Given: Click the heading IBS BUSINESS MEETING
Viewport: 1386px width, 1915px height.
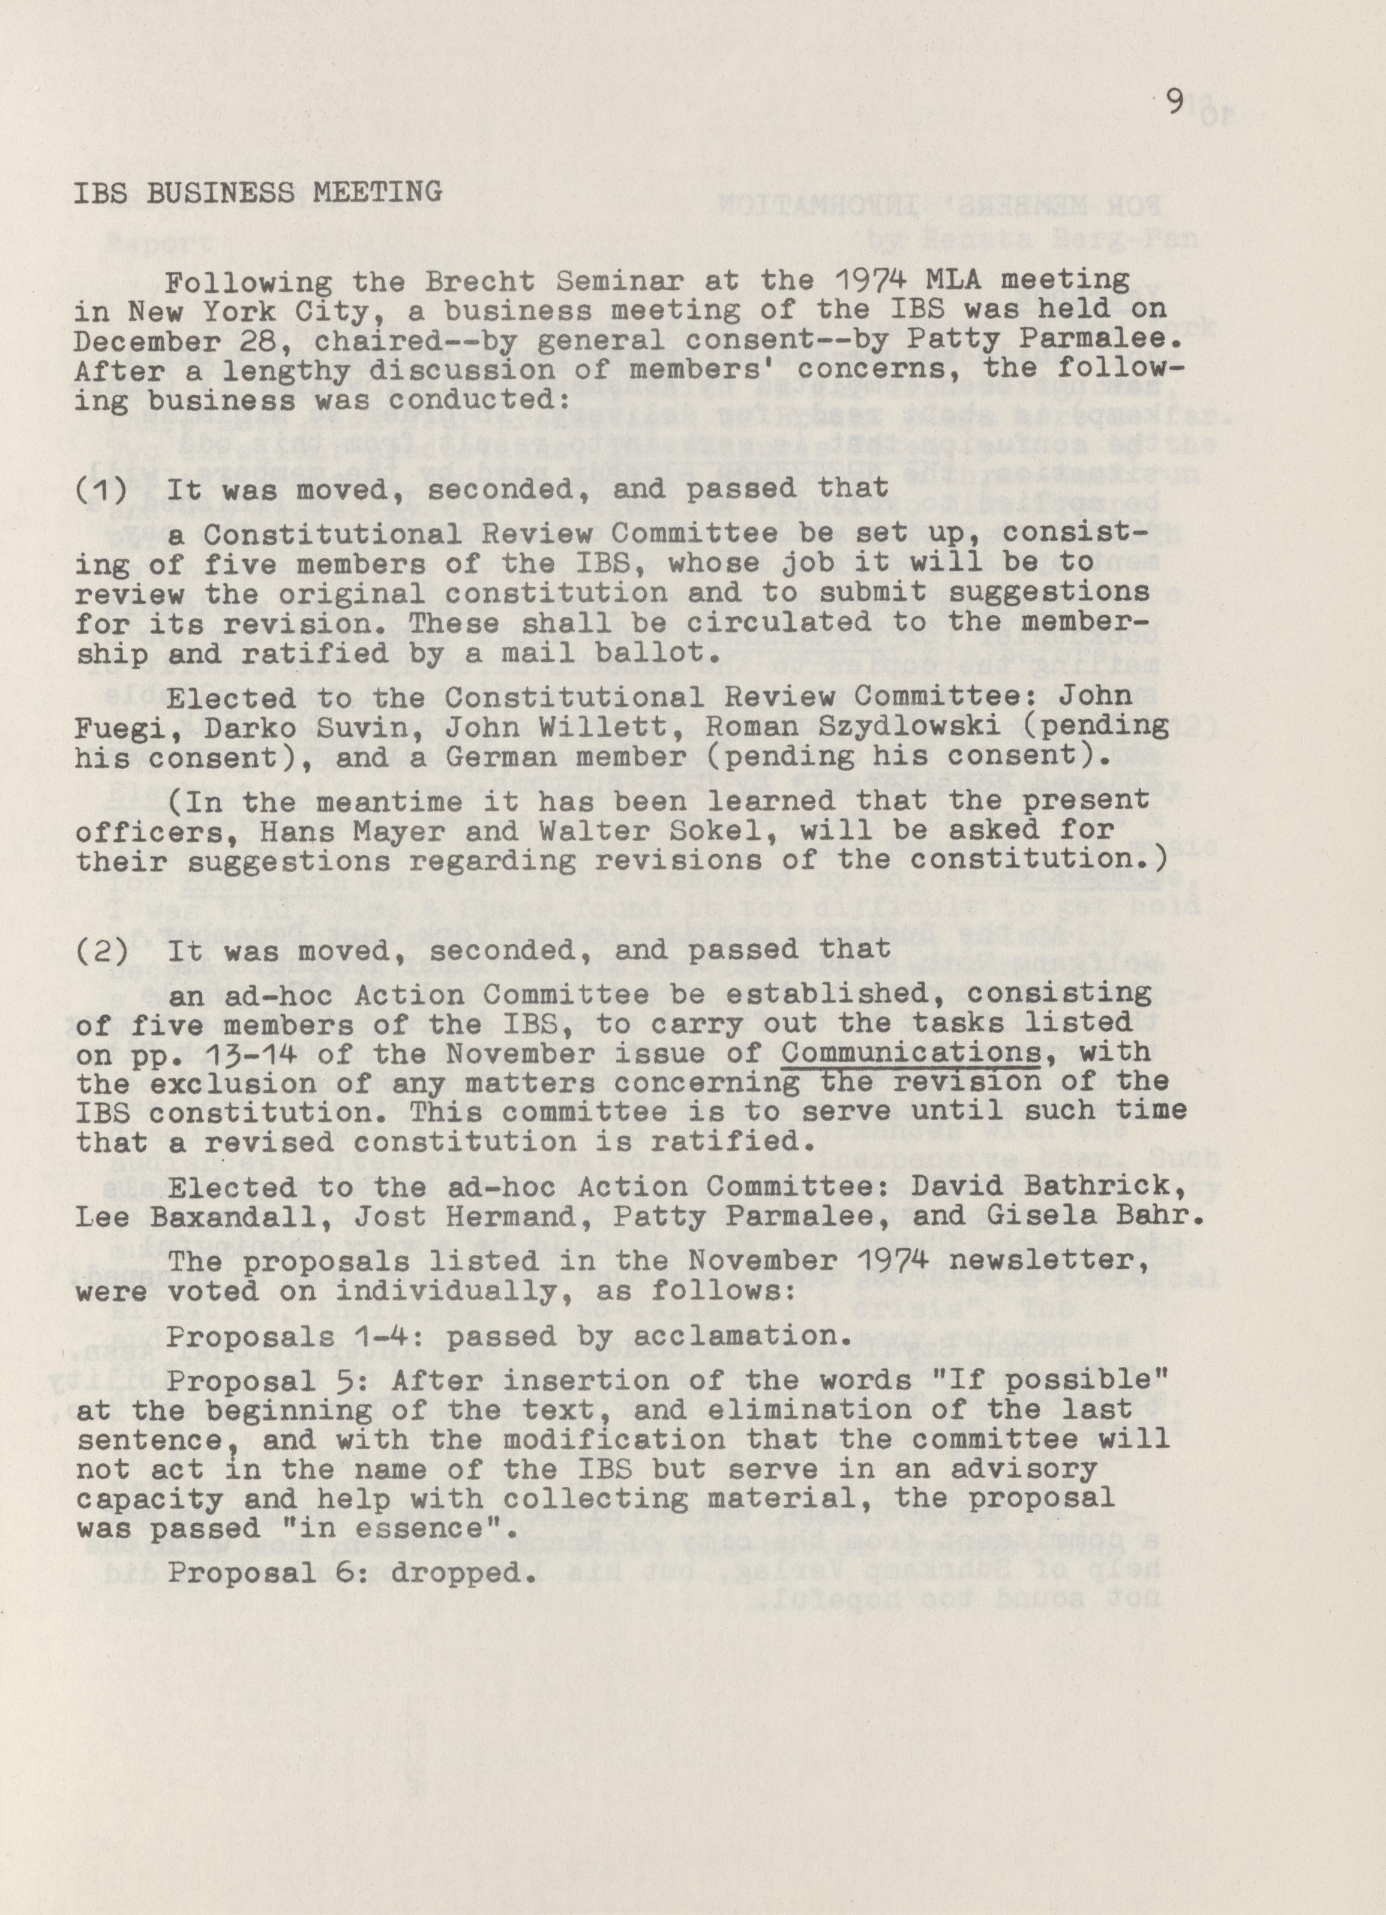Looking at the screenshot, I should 257,193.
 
